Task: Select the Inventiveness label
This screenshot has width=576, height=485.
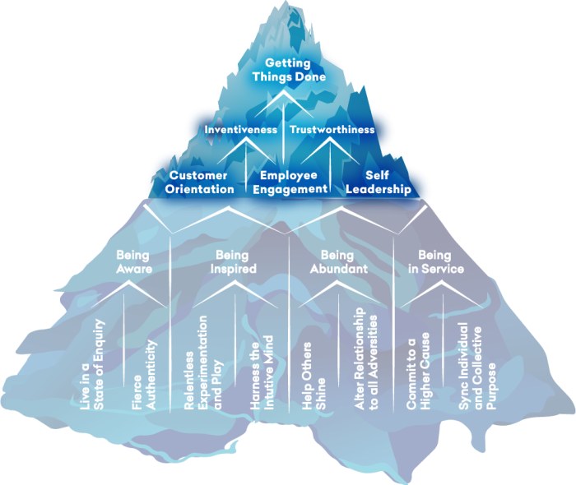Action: click(240, 130)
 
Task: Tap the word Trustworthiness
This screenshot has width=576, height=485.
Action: click(332, 130)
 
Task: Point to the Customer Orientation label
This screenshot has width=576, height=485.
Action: click(201, 182)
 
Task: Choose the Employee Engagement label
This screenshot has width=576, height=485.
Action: click(289, 182)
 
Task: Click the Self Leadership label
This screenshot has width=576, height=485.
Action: click(377, 182)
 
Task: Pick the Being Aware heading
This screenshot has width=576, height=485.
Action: click(133, 261)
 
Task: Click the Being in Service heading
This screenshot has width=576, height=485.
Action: click(440, 261)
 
